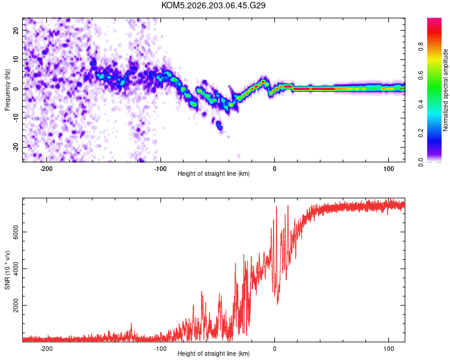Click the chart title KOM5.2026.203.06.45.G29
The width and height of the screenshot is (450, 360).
point(213,5)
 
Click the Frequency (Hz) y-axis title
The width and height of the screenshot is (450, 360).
point(7,90)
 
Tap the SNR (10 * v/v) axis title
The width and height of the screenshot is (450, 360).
point(7,270)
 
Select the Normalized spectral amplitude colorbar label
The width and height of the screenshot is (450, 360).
point(445,90)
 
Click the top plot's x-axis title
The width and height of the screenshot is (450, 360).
point(214,173)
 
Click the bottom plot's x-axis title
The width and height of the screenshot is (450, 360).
point(214,353)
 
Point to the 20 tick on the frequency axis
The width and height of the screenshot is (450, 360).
point(16,30)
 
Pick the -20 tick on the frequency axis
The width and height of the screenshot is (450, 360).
point(16,147)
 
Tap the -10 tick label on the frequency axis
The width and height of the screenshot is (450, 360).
point(16,118)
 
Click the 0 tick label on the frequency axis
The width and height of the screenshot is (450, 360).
point(16,89)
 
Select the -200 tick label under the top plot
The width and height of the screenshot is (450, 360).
point(46,169)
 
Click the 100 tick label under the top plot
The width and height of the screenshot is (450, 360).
point(389,169)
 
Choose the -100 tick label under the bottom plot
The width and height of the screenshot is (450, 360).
point(160,349)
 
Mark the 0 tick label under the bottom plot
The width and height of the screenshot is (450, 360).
point(275,349)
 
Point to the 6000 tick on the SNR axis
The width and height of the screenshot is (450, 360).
point(16,232)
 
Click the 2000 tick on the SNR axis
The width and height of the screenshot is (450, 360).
point(16,305)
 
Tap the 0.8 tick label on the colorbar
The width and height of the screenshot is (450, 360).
point(421,47)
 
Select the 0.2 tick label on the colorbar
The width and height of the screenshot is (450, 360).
point(421,133)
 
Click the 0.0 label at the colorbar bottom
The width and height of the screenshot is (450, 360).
point(421,162)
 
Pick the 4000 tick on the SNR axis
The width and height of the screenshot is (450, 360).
point(16,269)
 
